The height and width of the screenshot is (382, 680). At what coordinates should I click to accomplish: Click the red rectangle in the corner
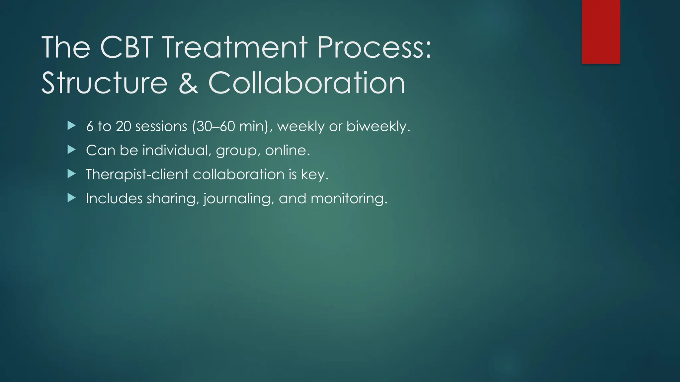tap(601, 32)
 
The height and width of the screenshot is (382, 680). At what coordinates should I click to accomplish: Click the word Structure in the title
tap(104, 83)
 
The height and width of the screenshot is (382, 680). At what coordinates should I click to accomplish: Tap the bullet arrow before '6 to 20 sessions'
tap(71, 126)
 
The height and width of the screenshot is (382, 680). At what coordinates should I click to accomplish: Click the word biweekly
tap(378, 126)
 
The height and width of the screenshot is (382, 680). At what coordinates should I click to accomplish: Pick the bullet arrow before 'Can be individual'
tap(71, 150)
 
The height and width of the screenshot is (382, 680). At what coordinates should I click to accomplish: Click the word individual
tap(177, 150)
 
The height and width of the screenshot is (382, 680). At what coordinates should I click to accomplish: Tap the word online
tap(287, 150)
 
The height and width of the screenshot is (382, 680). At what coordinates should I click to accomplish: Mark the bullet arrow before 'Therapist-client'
tap(71, 174)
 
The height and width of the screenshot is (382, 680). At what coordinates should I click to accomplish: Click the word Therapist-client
tap(137, 174)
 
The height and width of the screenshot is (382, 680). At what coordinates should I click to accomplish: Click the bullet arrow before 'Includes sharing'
tap(71, 198)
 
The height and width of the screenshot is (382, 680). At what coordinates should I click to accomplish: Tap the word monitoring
tap(349, 199)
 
